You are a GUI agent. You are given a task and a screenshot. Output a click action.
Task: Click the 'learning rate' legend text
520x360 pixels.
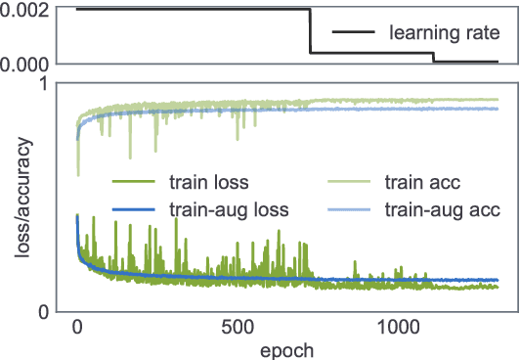[x=445, y=34]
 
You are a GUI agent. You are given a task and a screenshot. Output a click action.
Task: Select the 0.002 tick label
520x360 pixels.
[x=25, y=9]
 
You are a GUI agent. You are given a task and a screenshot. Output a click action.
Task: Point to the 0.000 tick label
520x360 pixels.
[x=25, y=64]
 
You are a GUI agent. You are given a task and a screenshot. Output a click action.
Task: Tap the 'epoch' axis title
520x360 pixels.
[x=286, y=348]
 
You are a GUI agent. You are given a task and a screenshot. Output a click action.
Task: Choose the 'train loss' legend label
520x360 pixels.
[x=208, y=181]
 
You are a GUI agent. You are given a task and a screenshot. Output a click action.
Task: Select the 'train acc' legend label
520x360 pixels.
[x=423, y=181]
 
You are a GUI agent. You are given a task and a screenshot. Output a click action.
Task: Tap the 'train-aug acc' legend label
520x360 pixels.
[x=443, y=208]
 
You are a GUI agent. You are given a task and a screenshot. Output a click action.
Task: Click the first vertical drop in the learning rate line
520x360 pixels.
[x=310, y=31]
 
